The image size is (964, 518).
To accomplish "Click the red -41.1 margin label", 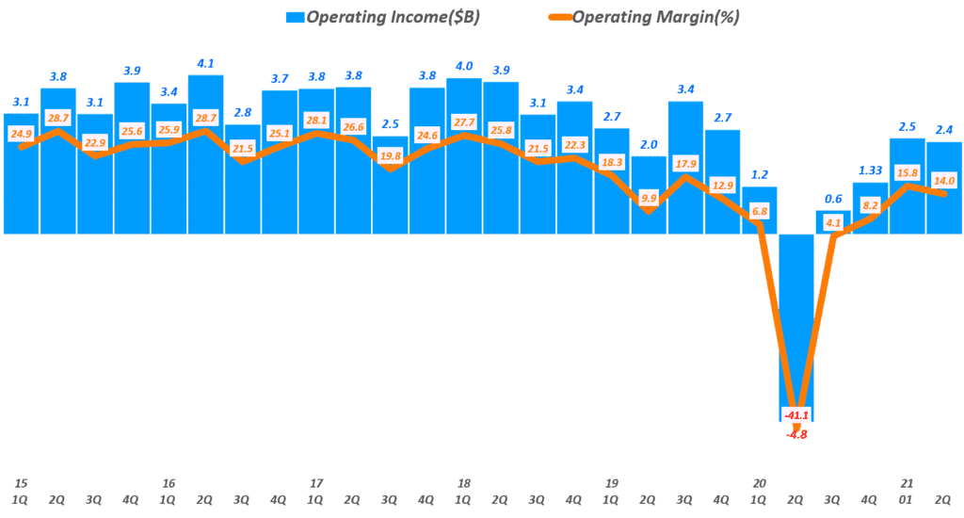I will (x=796, y=414).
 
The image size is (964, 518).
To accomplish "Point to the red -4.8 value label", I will (x=796, y=434).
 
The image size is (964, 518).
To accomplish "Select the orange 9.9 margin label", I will (x=649, y=197).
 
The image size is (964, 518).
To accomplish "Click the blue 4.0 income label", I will (x=464, y=65).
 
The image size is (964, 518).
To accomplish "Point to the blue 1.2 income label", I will (x=760, y=174).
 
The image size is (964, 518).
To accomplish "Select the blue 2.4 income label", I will (x=944, y=129).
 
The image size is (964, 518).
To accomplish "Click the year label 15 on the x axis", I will (x=21, y=483).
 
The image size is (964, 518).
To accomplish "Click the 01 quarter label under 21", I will (x=908, y=501).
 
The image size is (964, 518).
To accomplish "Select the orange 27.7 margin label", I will (x=464, y=123).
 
